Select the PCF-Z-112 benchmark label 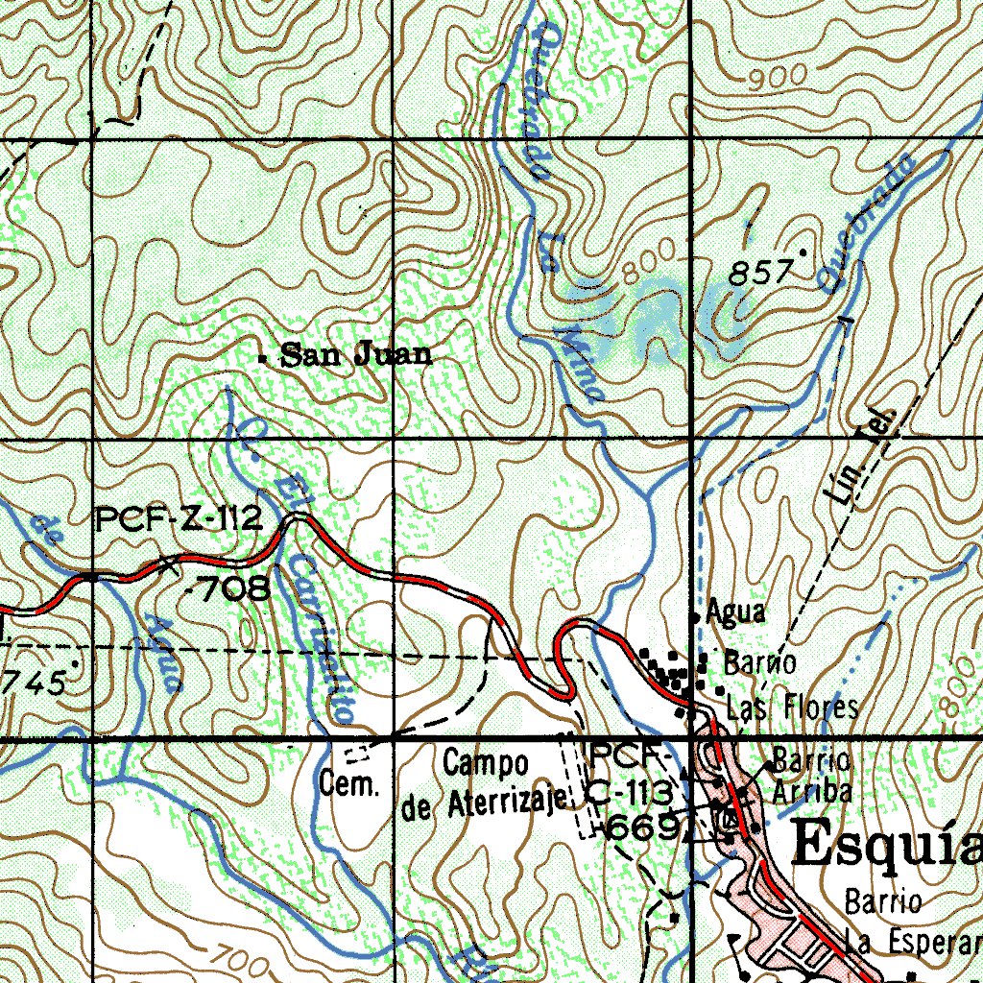point(179,521)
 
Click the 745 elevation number point(35,683)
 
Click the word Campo point(486,765)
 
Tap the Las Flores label point(792,709)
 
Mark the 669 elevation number point(643,828)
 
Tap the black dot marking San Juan point(263,358)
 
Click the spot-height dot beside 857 point(803,253)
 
